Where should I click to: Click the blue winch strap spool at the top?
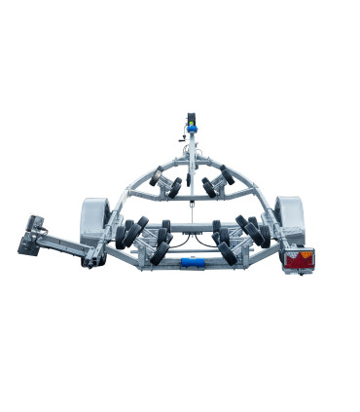(x=193, y=130)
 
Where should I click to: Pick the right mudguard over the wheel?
(x=289, y=213)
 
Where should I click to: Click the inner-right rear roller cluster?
(x=224, y=243)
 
